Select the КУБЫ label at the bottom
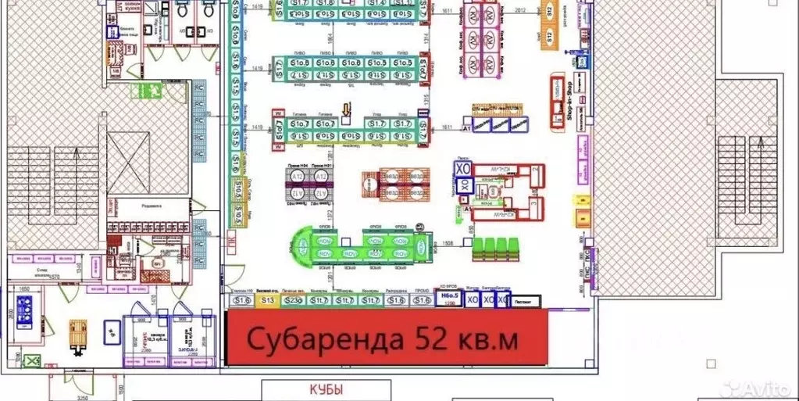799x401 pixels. coord(326,388)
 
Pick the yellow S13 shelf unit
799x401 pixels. coord(269,300)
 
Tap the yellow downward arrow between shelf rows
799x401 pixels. coord(346,109)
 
